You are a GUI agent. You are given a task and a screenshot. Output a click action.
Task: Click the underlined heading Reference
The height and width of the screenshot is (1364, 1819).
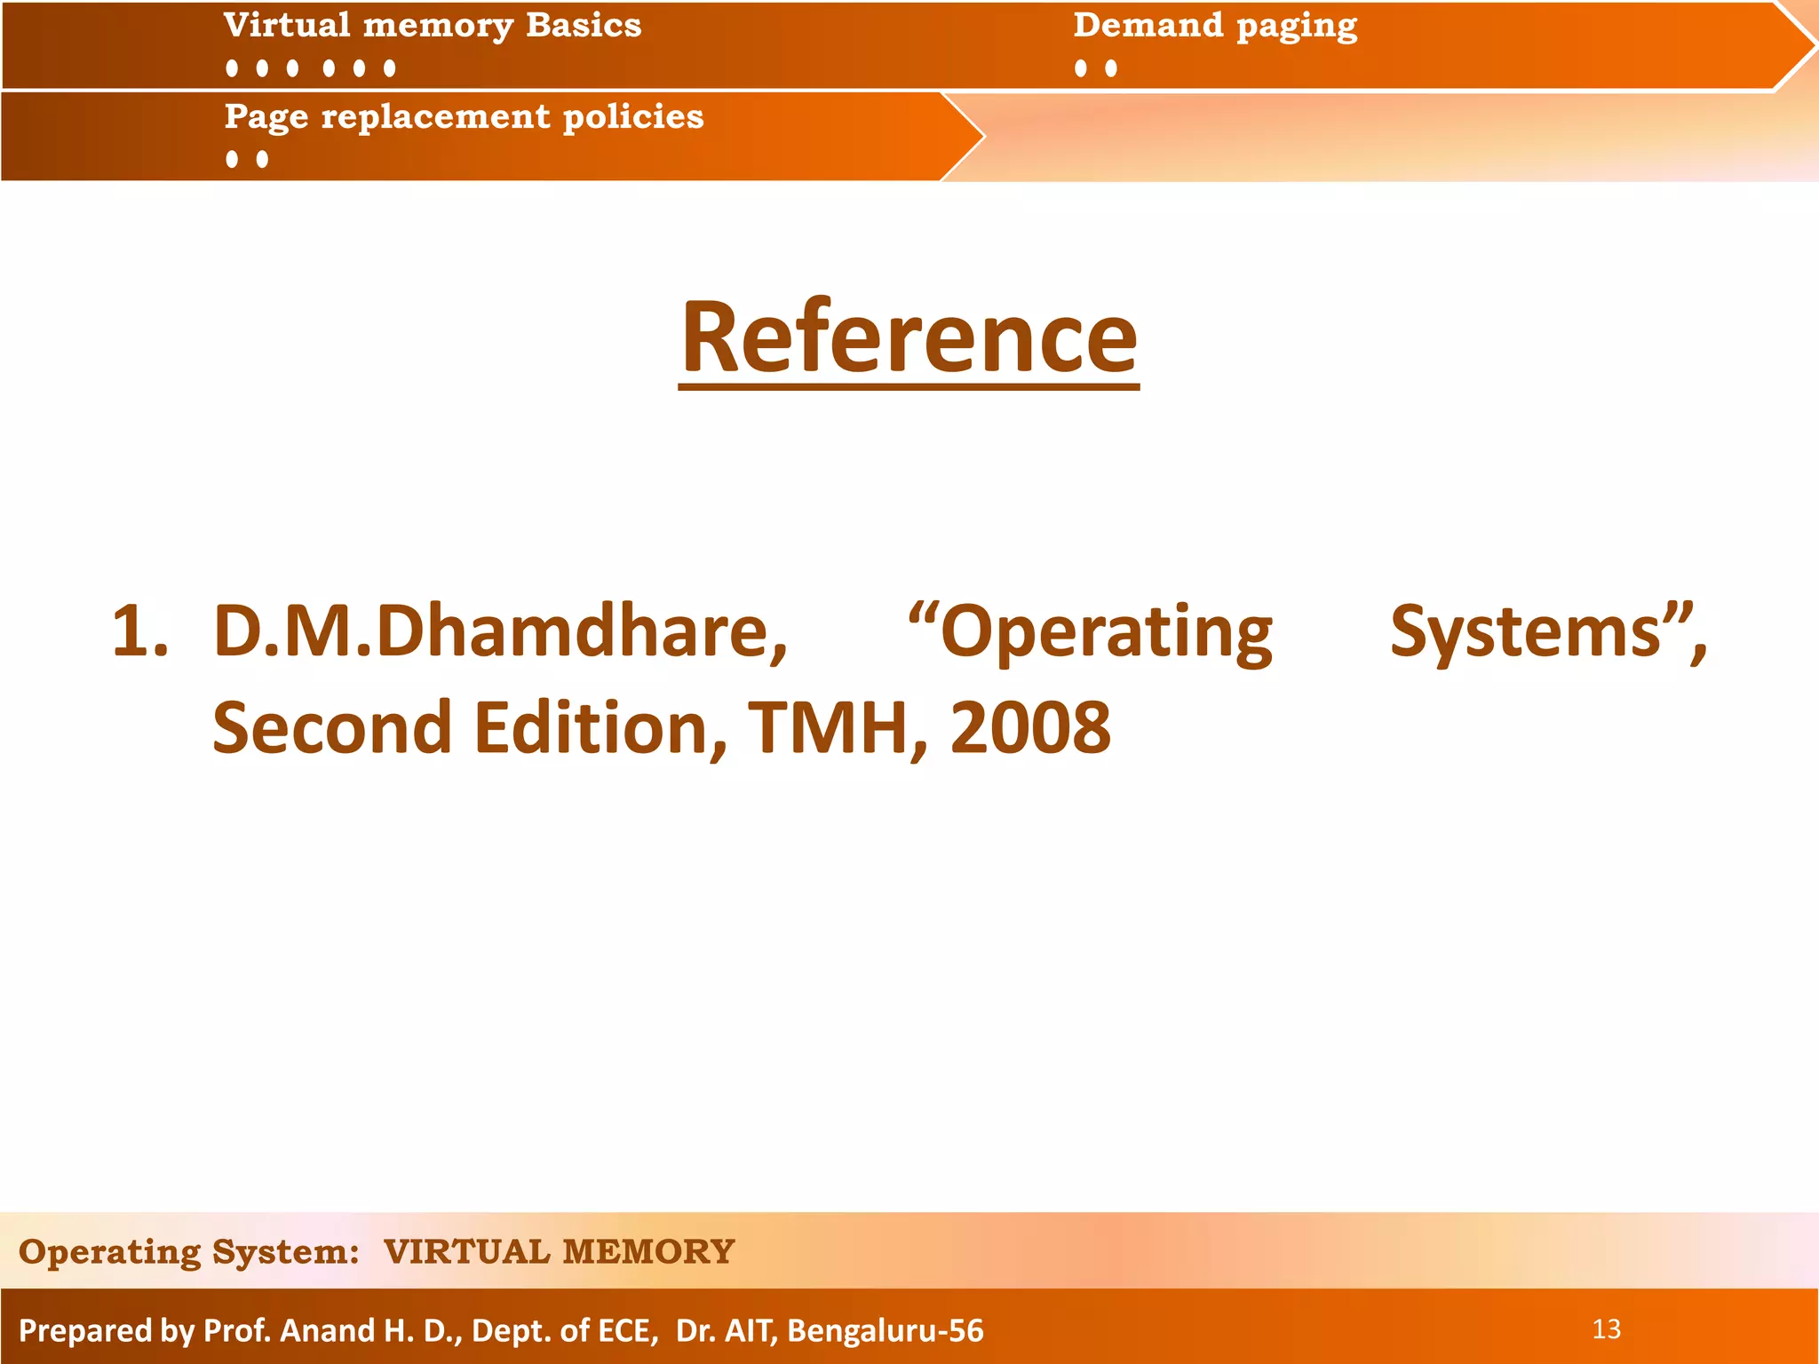909,338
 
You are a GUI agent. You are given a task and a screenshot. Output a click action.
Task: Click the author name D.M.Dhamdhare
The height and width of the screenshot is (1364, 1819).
500,632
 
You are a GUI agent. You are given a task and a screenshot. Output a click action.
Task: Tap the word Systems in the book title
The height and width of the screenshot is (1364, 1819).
1525,632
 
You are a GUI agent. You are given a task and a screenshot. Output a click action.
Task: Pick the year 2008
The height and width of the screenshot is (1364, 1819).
1030,728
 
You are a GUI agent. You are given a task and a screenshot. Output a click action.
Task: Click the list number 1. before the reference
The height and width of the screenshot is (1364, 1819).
140,632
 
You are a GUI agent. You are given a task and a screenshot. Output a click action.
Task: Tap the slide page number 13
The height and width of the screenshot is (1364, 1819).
1606,1329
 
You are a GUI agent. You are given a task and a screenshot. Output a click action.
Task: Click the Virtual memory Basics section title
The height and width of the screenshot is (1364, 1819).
433,26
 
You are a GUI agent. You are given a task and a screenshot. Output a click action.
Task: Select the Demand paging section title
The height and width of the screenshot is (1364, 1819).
1215,26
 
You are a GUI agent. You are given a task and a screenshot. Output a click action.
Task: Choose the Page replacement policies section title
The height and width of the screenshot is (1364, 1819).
464,117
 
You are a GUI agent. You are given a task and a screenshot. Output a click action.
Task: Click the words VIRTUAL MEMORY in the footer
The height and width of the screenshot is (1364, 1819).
559,1252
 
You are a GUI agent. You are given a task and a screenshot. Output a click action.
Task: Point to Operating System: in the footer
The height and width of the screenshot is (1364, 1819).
188,1252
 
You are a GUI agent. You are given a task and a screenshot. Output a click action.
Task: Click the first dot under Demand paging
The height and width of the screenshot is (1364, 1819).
1081,68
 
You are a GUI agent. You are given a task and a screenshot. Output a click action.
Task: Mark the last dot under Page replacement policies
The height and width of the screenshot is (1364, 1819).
262,160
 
